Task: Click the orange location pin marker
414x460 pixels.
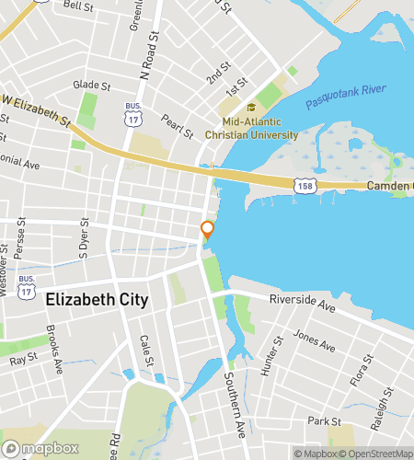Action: click(208, 229)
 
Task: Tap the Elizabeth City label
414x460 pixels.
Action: click(97, 300)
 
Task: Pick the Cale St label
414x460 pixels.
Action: click(146, 351)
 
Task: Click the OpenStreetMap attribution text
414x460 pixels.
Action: click(378, 453)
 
